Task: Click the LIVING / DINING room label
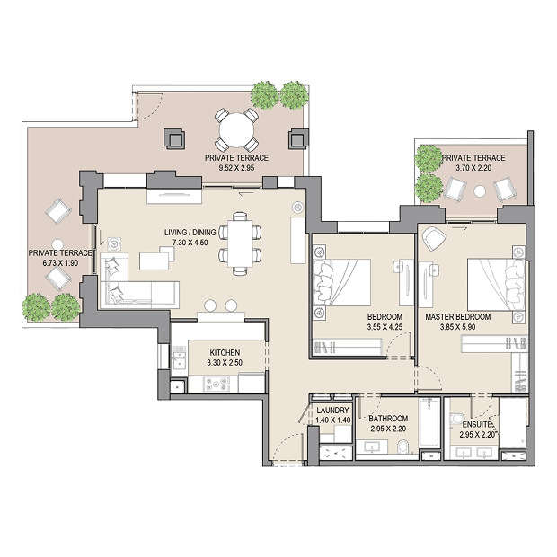190,233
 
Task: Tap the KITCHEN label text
225,353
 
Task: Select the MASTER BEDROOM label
458,317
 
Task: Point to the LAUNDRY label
332,411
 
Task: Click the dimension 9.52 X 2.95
236,168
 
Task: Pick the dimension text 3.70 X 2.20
473,168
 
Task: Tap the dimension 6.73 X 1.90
60,263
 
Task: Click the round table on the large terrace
236,130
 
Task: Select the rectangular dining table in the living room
240,243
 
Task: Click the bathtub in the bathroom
429,423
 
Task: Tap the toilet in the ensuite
456,418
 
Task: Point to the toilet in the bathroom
403,446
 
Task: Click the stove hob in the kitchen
216,385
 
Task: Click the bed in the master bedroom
497,285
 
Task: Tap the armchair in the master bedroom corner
433,238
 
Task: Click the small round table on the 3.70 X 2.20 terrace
480,192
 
